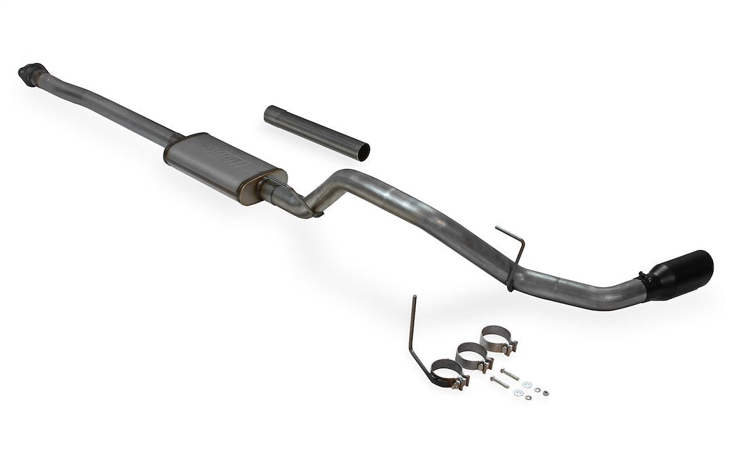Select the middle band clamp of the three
click(x=472, y=355)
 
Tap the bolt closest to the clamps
click(x=509, y=373)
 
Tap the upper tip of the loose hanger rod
click(x=413, y=298)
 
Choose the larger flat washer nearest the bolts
click(x=519, y=392)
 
